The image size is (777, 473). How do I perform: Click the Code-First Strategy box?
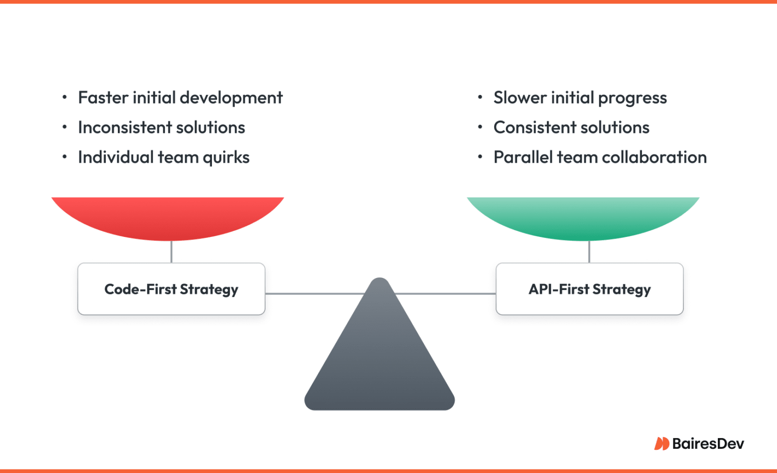coord(171,289)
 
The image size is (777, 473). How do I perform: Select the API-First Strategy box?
coord(589,289)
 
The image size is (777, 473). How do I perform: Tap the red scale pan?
coord(168,217)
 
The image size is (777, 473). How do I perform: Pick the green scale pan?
coord(583,217)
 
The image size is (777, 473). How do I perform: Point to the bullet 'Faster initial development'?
coord(180,98)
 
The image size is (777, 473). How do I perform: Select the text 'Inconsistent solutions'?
coord(161,127)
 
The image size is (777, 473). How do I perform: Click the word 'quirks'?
coord(226,158)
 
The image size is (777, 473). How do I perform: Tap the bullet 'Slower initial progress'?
coord(580,98)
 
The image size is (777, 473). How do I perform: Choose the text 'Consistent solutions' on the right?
coord(571,127)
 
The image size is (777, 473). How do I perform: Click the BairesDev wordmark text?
coord(708,444)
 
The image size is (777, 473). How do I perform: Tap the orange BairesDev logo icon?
coord(661,444)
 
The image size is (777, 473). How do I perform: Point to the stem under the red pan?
coord(171,252)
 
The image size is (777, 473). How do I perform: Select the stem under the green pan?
coord(589,252)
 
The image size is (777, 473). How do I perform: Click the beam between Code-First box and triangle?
coord(314,293)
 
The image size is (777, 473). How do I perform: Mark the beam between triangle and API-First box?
coord(445,293)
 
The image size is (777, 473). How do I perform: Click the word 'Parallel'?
coord(523,157)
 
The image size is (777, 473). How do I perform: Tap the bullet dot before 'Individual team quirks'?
coord(64,157)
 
